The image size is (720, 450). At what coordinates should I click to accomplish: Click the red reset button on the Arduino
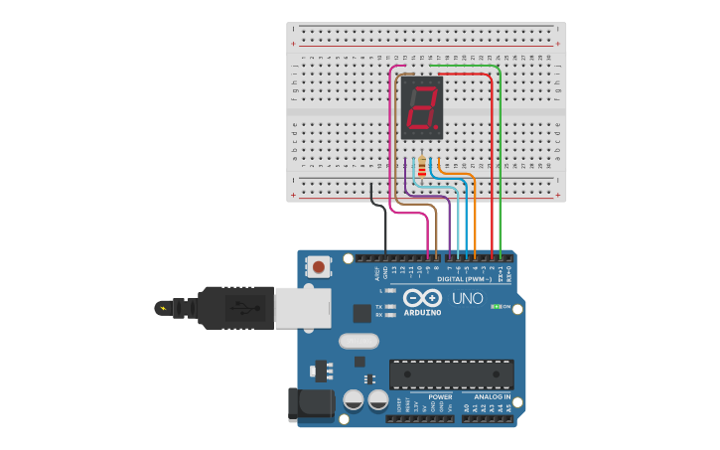pos(319,266)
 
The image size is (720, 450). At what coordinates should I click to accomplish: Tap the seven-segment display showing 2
pos(421,107)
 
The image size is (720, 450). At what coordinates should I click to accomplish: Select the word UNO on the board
pos(467,298)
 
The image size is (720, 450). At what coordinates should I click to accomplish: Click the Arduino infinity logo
pos(422,298)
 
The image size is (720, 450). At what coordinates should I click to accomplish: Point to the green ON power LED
pos(496,307)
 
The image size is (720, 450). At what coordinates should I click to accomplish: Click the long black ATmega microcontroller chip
pos(452,374)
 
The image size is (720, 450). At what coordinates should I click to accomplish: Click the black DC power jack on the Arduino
pos(307,404)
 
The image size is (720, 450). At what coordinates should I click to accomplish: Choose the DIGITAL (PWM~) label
pos(457,280)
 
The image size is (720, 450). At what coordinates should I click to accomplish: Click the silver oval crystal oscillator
pos(359,341)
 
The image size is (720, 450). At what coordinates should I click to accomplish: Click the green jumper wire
pos(501,159)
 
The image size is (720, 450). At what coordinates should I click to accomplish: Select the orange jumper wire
pos(475,214)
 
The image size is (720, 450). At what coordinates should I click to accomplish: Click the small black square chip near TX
pos(361,313)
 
